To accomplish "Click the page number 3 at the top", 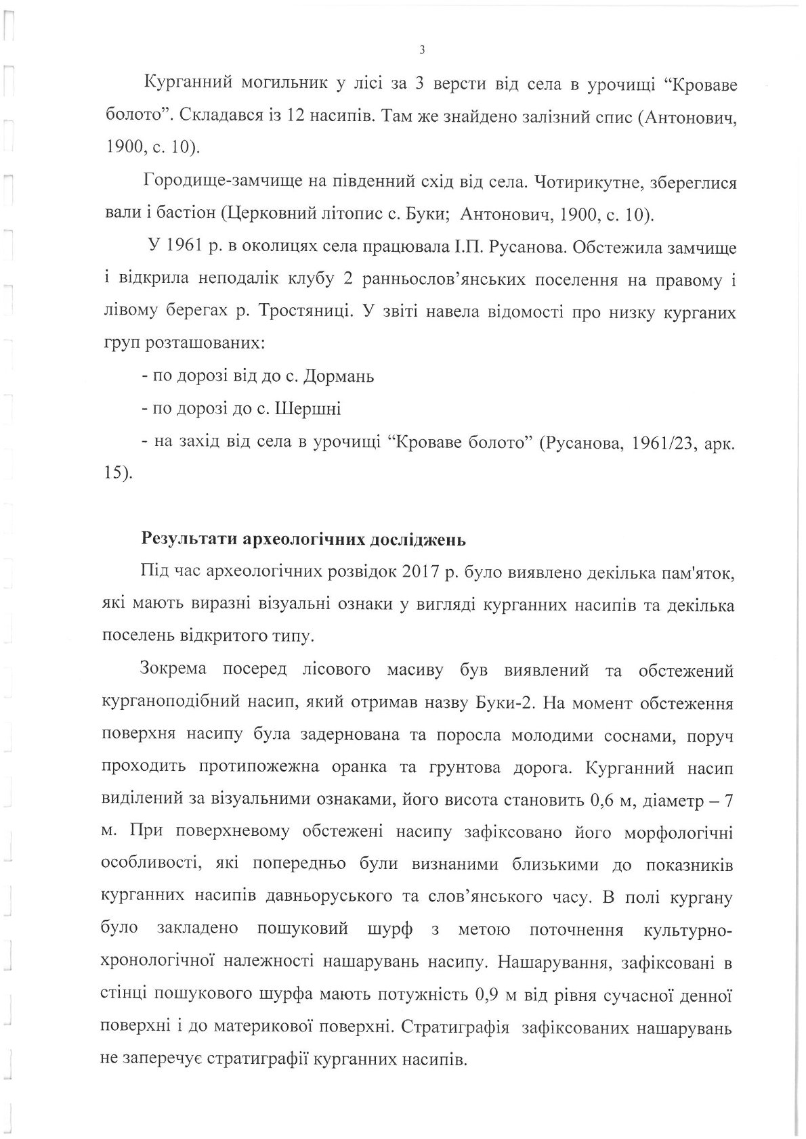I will [x=422, y=49].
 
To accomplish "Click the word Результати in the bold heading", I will [x=185, y=540].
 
